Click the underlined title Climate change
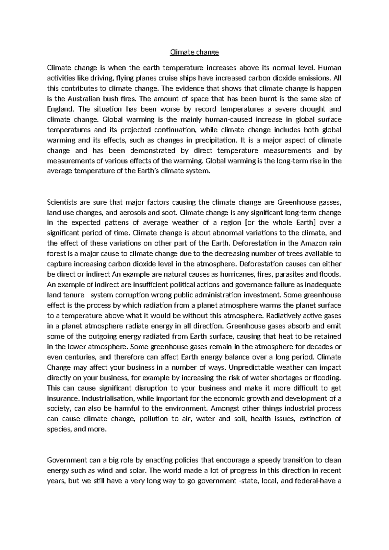pyautogui.click(x=194, y=52)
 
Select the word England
pyautogui.click(x=61, y=109)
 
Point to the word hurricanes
pyautogui.click(x=237, y=274)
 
